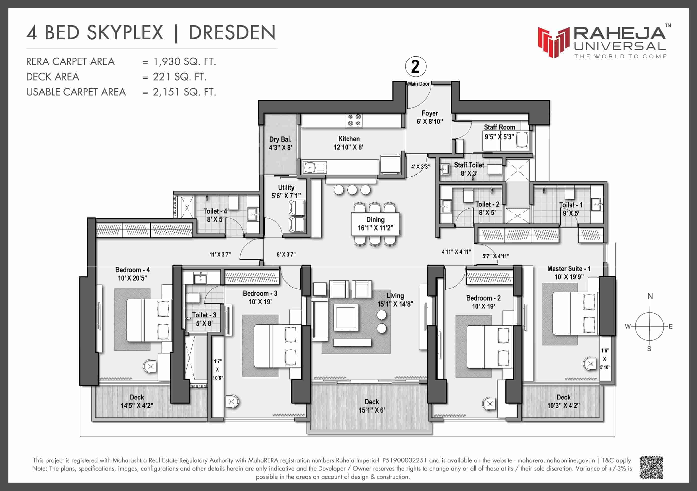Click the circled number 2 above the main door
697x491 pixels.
coord(415,66)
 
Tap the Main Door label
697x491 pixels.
coord(419,84)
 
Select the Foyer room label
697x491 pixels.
coord(430,113)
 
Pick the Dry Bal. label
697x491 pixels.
coord(280,139)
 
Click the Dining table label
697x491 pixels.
coord(375,220)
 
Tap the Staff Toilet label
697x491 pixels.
coord(469,165)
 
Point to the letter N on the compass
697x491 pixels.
coord(650,296)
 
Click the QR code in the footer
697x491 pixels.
coord(651,467)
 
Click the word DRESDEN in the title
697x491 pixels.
coord(232,32)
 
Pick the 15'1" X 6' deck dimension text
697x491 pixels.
coord(372,410)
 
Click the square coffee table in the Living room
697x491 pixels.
coord(346,317)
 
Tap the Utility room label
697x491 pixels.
coord(286,187)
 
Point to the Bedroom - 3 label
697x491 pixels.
coord(260,293)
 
